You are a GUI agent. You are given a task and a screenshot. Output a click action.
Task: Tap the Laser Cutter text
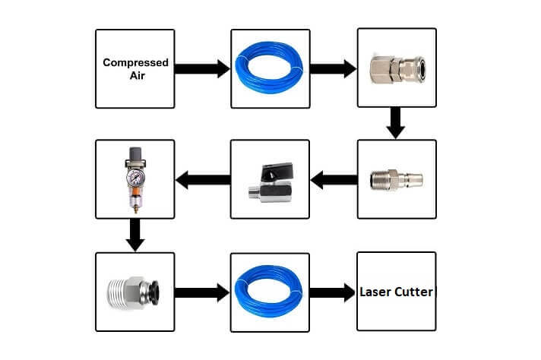(x=396, y=292)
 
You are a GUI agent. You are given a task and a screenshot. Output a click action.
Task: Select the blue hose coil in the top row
(x=270, y=68)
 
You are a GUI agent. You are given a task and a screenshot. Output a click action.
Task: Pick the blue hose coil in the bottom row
(x=270, y=291)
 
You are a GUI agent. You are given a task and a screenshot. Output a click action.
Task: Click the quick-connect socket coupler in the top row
(x=397, y=69)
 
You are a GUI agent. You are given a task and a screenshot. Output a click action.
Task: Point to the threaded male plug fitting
(x=397, y=179)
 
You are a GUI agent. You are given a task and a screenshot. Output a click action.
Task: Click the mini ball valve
(x=269, y=182)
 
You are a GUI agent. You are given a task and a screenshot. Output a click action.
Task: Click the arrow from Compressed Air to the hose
(x=201, y=68)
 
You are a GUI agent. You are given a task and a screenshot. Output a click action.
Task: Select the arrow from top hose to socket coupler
(x=334, y=68)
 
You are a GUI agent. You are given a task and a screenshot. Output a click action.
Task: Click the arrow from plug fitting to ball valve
(x=334, y=180)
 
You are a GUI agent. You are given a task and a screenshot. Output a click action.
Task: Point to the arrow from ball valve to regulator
(x=203, y=180)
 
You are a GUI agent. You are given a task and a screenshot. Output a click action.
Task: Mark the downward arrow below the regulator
(x=134, y=234)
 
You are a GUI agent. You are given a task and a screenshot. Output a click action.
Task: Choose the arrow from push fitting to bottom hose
(x=201, y=292)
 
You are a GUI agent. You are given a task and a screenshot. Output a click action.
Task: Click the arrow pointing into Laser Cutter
(x=333, y=292)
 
